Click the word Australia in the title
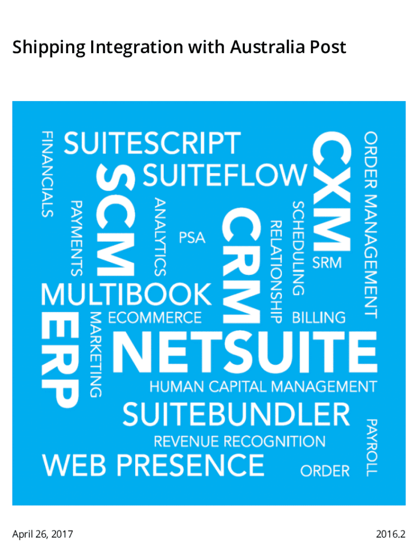click(268, 47)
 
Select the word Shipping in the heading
click(49, 48)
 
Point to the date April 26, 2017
click(42, 534)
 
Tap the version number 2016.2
click(390, 534)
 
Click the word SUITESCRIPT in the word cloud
click(152, 143)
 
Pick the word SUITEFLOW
click(225, 175)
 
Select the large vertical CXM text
click(332, 191)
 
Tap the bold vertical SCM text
click(116, 220)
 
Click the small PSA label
click(192, 238)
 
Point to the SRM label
click(327, 263)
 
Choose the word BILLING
click(319, 317)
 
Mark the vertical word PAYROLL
click(371, 447)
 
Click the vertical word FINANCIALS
click(47, 174)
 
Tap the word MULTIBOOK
click(126, 294)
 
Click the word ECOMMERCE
click(155, 317)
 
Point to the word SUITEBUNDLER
click(236, 414)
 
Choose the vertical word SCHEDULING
click(298, 248)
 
